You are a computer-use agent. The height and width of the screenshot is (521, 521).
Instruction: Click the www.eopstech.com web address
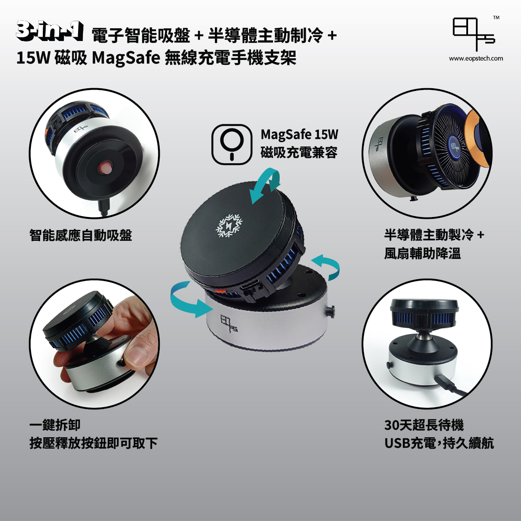click(x=476, y=59)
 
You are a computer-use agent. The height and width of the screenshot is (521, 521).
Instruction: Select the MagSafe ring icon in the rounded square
click(x=232, y=144)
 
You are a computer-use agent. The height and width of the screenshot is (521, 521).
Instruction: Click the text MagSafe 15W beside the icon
click(x=300, y=135)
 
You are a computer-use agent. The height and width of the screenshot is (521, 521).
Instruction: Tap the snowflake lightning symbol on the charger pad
click(x=229, y=226)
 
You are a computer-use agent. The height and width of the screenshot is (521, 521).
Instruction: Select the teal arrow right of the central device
click(x=326, y=267)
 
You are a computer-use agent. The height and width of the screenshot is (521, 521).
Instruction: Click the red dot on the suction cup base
click(x=105, y=167)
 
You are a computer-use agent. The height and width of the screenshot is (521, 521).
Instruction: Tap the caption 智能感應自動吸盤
click(x=81, y=235)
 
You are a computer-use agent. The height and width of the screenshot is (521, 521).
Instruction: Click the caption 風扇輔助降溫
click(x=422, y=253)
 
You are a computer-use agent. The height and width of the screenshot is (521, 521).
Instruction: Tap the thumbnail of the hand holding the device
click(x=94, y=344)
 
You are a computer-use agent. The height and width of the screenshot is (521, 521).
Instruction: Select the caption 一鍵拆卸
click(x=55, y=425)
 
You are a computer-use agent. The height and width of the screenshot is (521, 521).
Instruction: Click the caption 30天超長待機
click(x=424, y=425)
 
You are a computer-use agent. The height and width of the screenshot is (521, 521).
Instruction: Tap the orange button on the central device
click(x=219, y=292)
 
